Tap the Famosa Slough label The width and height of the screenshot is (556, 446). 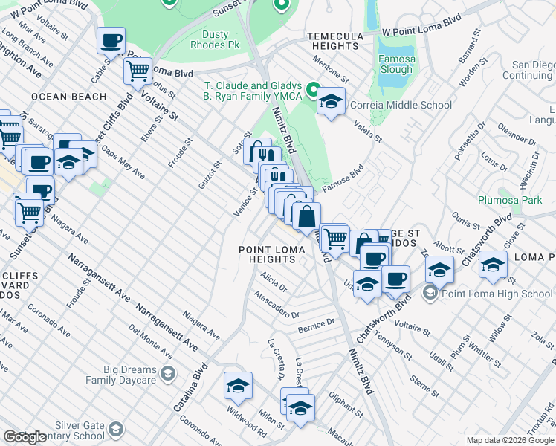pyautogui.click(x=396, y=64)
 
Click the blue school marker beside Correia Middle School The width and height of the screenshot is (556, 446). pyautogui.click(x=332, y=101)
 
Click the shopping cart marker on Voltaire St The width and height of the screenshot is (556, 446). pyautogui.click(x=138, y=71)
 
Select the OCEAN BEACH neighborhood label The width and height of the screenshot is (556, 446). pyautogui.click(x=59, y=97)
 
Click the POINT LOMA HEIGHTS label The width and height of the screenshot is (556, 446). pyautogui.click(x=273, y=254)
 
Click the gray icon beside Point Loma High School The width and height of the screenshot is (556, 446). pyautogui.click(x=429, y=294)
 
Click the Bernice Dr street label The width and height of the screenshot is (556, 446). pyautogui.click(x=316, y=326)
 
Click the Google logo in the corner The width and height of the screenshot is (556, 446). pyautogui.click(x=25, y=437)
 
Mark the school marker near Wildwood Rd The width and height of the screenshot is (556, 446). pyautogui.click(x=238, y=386)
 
